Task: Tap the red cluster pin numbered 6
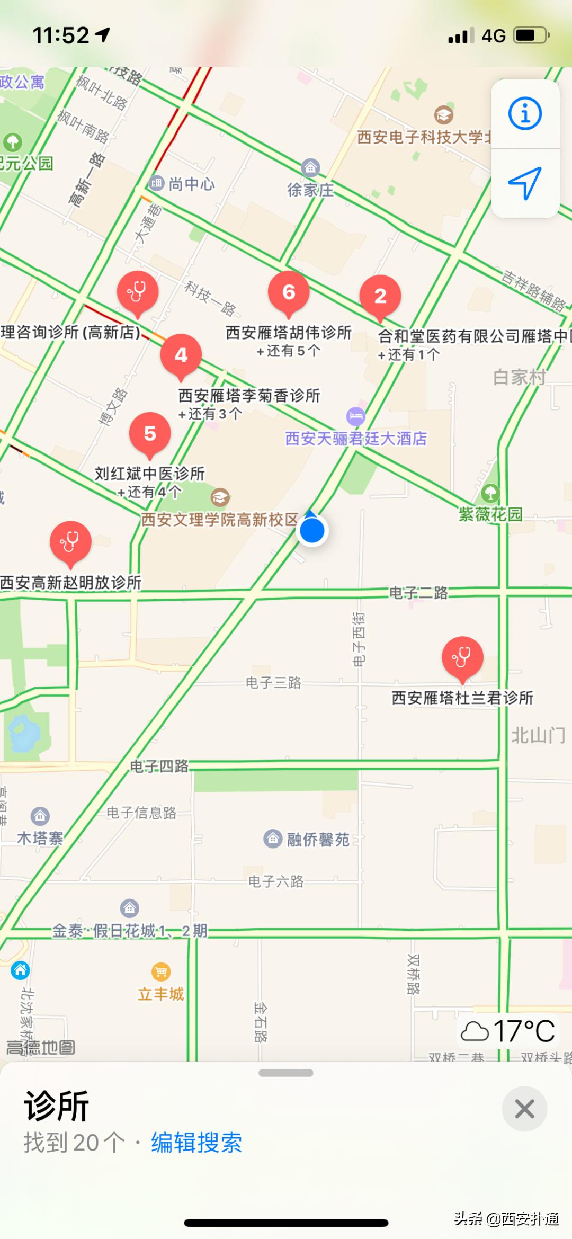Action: point(289,292)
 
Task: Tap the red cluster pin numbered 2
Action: point(380,296)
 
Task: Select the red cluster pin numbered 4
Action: point(181,355)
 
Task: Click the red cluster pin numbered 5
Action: point(150,433)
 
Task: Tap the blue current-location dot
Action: point(312,530)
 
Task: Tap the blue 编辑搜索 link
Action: point(196,1143)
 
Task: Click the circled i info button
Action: point(525,114)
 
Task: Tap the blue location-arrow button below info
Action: point(525,183)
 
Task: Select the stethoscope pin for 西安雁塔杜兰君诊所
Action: point(462,657)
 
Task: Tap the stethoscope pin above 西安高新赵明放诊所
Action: point(70,542)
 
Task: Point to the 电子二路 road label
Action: point(418,593)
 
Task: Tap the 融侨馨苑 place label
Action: point(318,839)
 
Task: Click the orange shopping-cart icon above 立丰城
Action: point(161,972)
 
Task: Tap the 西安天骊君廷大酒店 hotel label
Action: point(356,438)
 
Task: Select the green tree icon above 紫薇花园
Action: point(490,493)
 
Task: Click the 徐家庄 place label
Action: point(310,190)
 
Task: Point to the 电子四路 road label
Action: point(159,766)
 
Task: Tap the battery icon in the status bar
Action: point(532,35)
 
